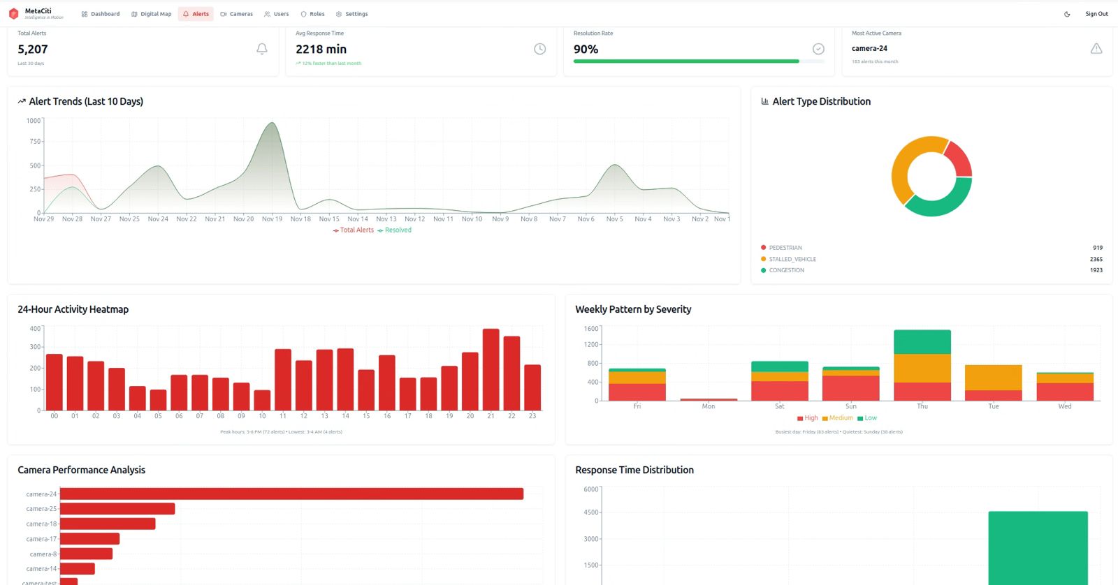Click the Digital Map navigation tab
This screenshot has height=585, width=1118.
click(x=151, y=14)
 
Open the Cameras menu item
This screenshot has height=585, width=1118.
click(x=236, y=14)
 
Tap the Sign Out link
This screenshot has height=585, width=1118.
click(x=1096, y=14)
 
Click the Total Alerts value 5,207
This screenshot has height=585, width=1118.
click(x=33, y=50)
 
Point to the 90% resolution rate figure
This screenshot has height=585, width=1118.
click(x=586, y=50)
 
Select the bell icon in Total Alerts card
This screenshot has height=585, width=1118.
click(x=262, y=49)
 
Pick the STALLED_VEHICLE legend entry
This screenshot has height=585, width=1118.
click(x=792, y=259)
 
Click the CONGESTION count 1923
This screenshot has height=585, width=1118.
click(x=1096, y=270)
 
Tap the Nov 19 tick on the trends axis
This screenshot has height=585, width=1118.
click(x=272, y=219)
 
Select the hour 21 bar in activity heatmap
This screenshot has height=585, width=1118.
click(x=491, y=369)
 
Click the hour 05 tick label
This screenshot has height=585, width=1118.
click(x=158, y=416)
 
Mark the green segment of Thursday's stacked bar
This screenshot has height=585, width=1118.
click(x=922, y=342)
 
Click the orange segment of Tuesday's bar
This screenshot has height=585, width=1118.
click(x=993, y=378)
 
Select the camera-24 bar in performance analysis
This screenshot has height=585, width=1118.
click(x=291, y=494)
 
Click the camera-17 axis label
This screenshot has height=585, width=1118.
click(x=41, y=539)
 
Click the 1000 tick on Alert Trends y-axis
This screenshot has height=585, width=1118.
click(x=34, y=121)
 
